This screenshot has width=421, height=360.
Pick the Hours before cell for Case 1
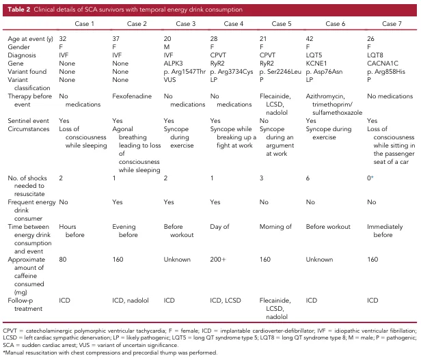[x=70, y=233]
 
